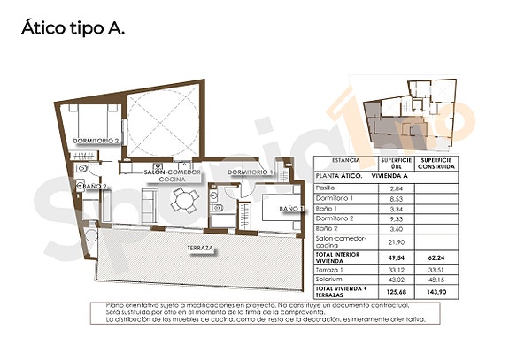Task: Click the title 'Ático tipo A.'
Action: click(x=73, y=27)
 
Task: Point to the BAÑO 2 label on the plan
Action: click(x=95, y=187)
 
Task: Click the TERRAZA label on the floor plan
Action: click(x=197, y=248)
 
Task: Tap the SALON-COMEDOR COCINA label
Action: click(x=172, y=174)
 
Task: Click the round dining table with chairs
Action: click(x=184, y=203)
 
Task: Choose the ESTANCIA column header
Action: click(x=345, y=161)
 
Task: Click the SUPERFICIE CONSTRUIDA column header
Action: click(x=439, y=165)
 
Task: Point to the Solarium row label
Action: click(x=331, y=279)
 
